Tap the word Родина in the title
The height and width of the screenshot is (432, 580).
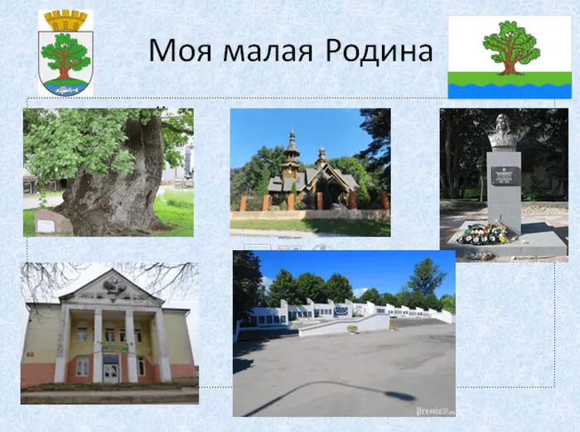click(x=379, y=51)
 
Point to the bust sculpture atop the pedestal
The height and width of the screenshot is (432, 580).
click(x=503, y=132)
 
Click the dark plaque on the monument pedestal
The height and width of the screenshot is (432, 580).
click(x=505, y=175)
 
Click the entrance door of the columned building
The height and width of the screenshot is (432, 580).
click(x=111, y=372)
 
